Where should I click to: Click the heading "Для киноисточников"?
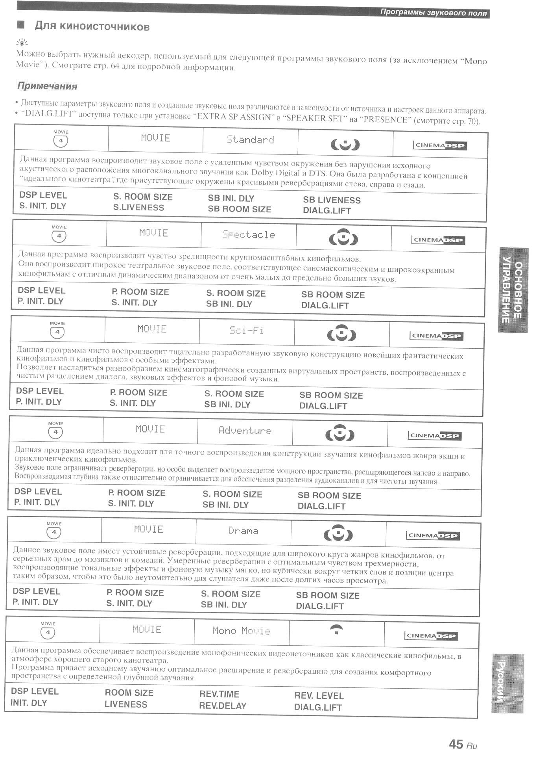[x=92, y=27]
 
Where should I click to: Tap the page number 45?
[x=456, y=744]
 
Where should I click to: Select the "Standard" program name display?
[x=250, y=139]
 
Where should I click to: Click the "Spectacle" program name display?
[x=249, y=235]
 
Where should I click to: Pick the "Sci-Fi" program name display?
[x=247, y=330]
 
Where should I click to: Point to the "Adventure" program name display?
[x=245, y=430]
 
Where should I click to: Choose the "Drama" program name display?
[x=244, y=531]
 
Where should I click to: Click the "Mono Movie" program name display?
[x=242, y=631]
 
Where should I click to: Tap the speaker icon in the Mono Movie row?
[x=336, y=629]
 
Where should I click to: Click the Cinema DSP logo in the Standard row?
[x=440, y=145]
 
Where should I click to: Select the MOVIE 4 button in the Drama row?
[x=54, y=532]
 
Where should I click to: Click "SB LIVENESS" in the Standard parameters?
[x=332, y=200]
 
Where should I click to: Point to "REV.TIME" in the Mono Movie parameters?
[x=219, y=694]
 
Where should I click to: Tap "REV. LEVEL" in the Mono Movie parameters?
[x=319, y=696]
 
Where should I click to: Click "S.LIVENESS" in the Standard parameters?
[x=138, y=208]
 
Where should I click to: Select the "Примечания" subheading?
[x=47, y=86]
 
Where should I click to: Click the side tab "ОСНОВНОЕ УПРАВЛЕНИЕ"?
[x=513, y=290]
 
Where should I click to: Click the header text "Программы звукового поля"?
[x=433, y=13]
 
